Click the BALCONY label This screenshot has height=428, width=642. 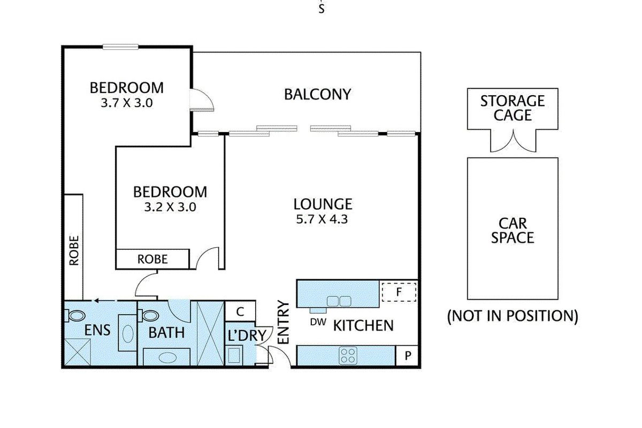(318, 95)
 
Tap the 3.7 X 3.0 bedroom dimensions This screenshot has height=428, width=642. (127, 103)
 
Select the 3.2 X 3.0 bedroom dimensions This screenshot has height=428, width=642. (170, 207)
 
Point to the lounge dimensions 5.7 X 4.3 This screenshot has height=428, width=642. (322, 219)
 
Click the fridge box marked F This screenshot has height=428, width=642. (399, 292)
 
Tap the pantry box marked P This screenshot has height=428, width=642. (407, 356)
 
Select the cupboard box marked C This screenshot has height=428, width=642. (240, 311)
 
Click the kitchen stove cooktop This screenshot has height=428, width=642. (348, 356)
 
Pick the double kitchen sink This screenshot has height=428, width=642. (339, 301)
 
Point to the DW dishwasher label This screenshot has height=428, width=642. (318, 322)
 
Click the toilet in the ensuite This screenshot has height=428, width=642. (74, 316)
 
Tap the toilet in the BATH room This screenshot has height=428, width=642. (149, 316)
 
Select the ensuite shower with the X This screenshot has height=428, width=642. (78, 352)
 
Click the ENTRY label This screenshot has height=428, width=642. (284, 322)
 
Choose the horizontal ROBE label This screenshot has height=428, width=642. (152, 259)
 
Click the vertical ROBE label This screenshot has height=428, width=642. (74, 250)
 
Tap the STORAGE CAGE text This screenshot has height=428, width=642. (513, 108)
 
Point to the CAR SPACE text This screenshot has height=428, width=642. (513, 231)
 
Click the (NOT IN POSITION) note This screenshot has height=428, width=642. (513, 316)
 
